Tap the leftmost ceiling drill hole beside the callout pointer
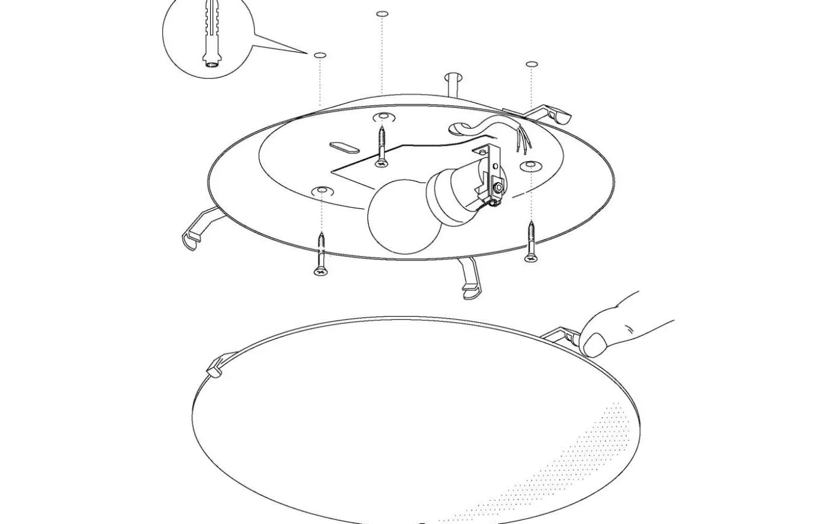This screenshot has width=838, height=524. (x=320, y=55)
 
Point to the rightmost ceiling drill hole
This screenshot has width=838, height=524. (x=531, y=64)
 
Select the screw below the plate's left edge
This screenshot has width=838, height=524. (x=321, y=255)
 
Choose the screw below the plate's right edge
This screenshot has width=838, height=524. (x=530, y=243)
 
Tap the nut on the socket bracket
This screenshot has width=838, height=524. (x=497, y=189)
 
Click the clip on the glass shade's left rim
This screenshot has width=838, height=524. (x=216, y=367)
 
